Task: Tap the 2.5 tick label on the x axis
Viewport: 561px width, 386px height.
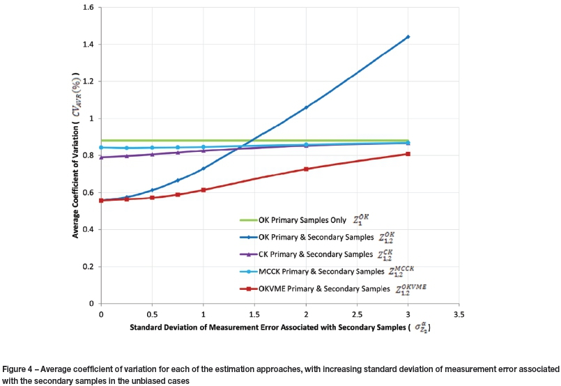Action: pos(357,314)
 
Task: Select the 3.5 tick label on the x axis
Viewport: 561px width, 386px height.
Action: pos(459,314)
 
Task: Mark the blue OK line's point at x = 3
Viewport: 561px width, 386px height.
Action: pos(408,36)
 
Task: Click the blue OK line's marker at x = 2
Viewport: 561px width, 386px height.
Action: pos(306,107)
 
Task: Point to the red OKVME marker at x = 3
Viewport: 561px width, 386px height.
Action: pos(408,154)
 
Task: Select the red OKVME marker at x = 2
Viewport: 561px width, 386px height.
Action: pos(306,169)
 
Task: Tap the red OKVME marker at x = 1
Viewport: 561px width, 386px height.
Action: pos(203,190)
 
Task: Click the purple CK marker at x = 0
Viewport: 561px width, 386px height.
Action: pos(102,157)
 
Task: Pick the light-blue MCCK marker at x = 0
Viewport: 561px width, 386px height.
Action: pos(102,147)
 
